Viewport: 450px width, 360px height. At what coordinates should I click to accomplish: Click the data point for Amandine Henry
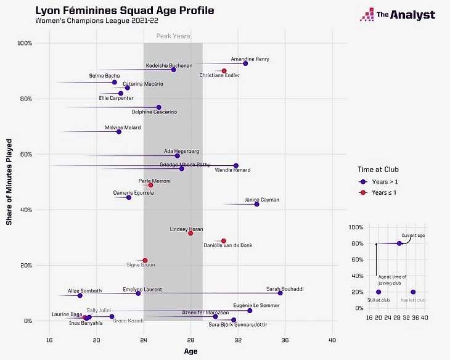point(245,63)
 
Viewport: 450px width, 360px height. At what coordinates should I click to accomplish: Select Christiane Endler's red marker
point(224,71)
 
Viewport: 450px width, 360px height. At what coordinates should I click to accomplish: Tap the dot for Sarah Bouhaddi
point(280,293)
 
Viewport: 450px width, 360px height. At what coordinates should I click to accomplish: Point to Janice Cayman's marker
point(257,204)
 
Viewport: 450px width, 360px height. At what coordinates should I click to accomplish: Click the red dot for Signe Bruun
point(145,260)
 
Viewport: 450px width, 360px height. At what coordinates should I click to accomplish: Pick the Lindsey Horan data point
point(190,233)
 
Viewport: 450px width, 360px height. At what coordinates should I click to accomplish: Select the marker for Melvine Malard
point(119,131)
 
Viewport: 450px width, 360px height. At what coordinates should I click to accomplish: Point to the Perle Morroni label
point(154,181)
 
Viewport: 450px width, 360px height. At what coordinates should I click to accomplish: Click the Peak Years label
point(173,36)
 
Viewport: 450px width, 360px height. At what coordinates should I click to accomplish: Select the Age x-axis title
point(191,351)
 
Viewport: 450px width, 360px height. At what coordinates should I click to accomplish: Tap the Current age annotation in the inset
point(413,235)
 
